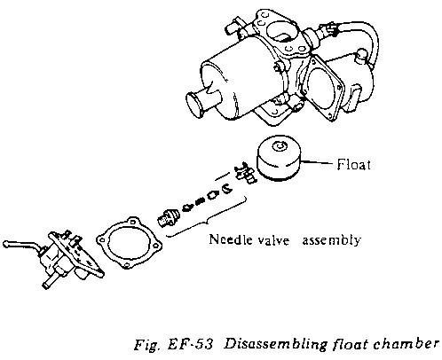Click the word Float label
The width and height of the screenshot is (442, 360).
(x=353, y=164)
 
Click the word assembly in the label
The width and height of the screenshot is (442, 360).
(x=331, y=240)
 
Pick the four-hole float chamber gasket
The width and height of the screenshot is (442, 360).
(x=130, y=244)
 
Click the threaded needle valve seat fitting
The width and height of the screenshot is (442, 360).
(x=168, y=217)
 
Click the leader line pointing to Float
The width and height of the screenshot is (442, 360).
(x=318, y=162)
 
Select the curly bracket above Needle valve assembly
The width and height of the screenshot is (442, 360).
(x=206, y=218)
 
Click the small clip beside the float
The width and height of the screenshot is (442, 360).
(x=245, y=173)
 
